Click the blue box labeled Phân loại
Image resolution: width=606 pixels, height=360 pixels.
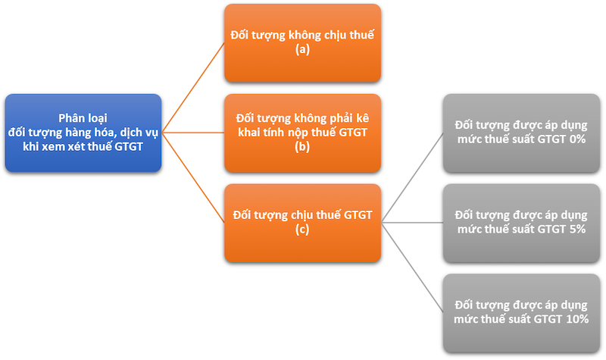click(83, 133)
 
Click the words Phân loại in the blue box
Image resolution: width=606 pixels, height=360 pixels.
click(83, 118)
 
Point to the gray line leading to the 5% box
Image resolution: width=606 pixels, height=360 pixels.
click(413, 223)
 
